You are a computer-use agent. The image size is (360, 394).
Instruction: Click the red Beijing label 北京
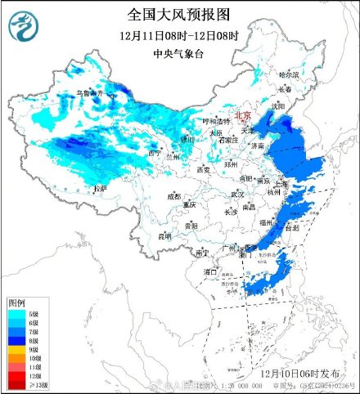[x=243, y=116]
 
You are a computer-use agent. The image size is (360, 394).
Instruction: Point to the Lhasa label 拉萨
[x=101, y=188]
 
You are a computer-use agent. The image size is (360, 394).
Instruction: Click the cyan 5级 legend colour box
[x=16, y=313]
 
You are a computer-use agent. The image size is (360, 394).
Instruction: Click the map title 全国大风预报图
[x=178, y=15]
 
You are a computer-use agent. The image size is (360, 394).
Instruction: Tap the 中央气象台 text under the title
[x=178, y=55]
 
